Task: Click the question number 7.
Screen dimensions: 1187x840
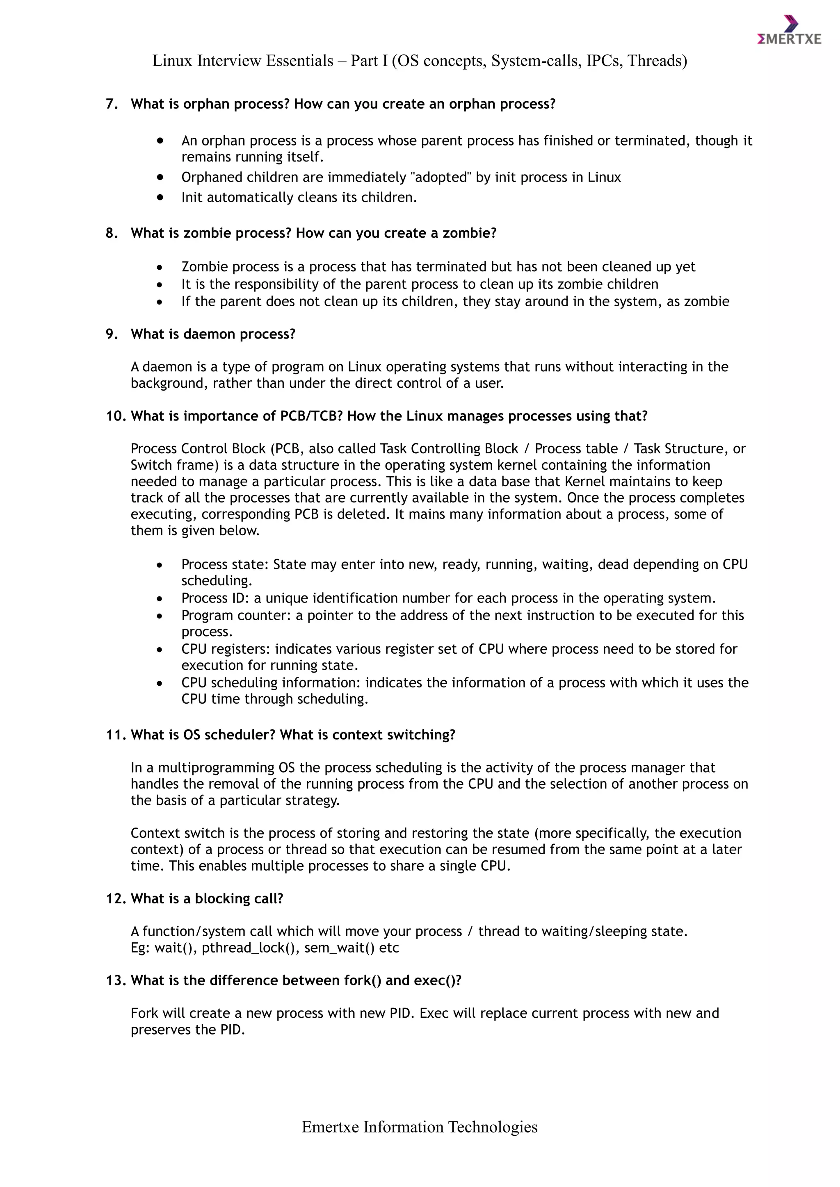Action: click(111, 104)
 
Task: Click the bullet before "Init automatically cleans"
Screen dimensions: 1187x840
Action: click(160, 197)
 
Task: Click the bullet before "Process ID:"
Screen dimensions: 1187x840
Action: click(160, 599)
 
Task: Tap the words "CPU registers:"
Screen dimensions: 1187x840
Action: click(226, 649)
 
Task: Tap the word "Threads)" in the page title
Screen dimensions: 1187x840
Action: click(657, 61)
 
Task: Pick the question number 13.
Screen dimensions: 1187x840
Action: click(116, 981)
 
